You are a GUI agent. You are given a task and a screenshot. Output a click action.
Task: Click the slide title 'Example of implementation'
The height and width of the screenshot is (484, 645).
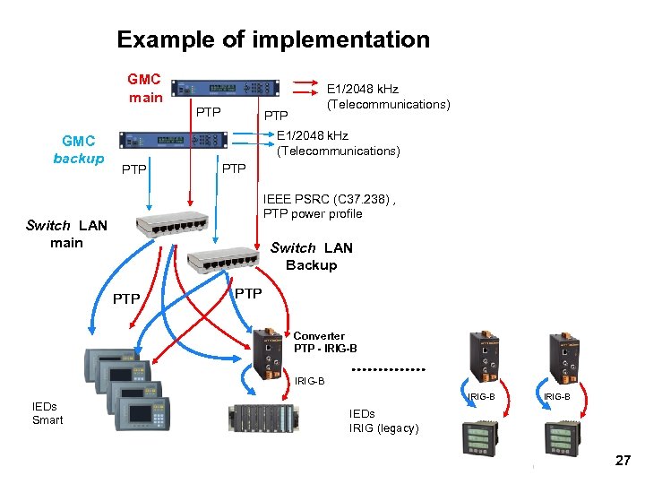pos(273,39)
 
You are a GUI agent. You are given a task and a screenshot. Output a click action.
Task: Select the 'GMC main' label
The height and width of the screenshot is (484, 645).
pos(144,88)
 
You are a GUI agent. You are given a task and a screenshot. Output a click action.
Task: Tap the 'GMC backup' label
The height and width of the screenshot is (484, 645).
pos(78,149)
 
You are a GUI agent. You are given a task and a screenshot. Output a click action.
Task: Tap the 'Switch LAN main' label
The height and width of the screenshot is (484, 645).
pos(66,234)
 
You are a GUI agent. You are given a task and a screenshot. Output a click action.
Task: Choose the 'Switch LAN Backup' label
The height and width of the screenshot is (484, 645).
pos(311,256)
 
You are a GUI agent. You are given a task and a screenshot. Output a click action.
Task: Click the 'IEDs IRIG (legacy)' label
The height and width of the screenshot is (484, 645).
pos(383,420)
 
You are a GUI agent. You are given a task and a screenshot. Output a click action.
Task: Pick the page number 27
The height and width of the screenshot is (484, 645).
pos(623,461)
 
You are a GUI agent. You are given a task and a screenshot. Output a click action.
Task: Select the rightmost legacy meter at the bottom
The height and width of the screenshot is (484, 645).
pos(563,440)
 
